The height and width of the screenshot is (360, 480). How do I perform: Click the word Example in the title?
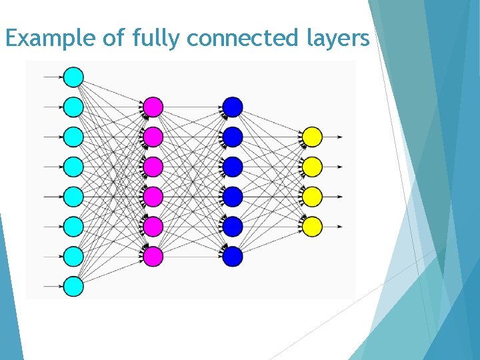coord(51,39)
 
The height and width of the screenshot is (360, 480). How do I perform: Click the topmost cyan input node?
coord(73,77)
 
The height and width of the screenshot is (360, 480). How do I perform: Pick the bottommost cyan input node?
coord(73,287)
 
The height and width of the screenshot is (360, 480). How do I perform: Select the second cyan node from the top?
coord(73,107)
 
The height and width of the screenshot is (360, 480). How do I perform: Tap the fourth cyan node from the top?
coord(73,167)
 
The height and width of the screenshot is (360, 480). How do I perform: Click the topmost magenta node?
coord(153,107)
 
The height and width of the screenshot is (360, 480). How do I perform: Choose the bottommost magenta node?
coord(153,257)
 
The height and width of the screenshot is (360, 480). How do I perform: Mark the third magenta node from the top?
coord(153,167)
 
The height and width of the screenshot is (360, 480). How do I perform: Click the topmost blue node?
coord(232,107)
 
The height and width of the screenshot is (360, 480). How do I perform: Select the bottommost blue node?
coord(232,257)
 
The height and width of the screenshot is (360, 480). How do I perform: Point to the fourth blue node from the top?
coord(232,197)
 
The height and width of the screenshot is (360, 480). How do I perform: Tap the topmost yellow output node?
coord(312,137)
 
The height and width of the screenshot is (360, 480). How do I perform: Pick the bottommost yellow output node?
coord(312,227)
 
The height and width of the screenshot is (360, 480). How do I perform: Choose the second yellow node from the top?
coord(312,167)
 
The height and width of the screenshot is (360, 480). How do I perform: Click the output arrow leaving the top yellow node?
coord(333,137)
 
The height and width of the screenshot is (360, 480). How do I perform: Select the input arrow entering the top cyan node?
coord(53,77)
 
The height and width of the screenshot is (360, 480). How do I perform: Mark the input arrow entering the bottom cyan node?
coord(53,287)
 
